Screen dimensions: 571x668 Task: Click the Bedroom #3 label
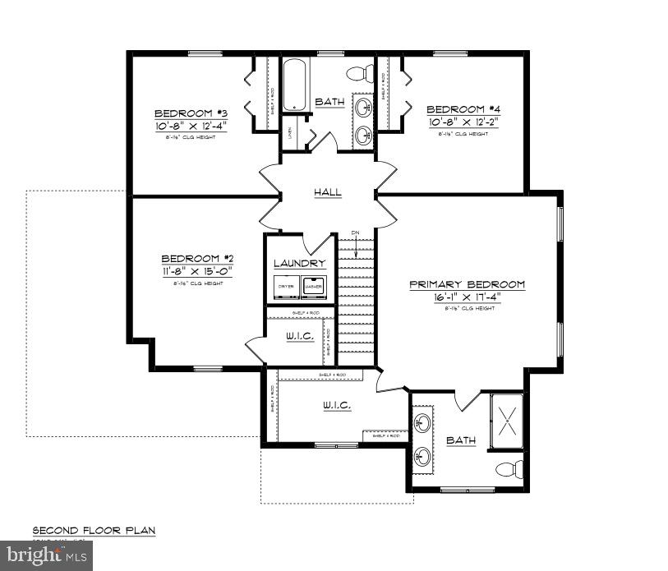(x=191, y=113)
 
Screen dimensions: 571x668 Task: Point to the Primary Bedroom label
(x=468, y=284)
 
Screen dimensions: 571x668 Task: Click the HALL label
(x=328, y=192)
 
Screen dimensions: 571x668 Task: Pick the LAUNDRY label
(x=300, y=263)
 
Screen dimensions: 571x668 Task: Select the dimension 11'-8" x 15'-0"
(x=197, y=269)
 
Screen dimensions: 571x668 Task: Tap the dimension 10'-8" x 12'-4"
(x=191, y=125)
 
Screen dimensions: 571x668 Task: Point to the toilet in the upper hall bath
(x=357, y=75)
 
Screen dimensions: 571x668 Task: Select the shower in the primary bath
(x=507, y=420)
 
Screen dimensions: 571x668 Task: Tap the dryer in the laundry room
(x=286, y=286)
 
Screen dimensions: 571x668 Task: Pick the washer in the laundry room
(x=314, y=286)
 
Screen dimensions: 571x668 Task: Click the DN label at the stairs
(x=356, y=233)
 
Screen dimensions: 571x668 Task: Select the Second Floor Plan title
(x=94, y=531)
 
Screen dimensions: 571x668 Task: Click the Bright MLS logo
(x=47, y=555)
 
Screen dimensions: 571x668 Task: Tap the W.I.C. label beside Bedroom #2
(x=300, y=336)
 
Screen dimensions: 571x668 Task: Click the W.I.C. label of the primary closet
(x=338, y=405)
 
